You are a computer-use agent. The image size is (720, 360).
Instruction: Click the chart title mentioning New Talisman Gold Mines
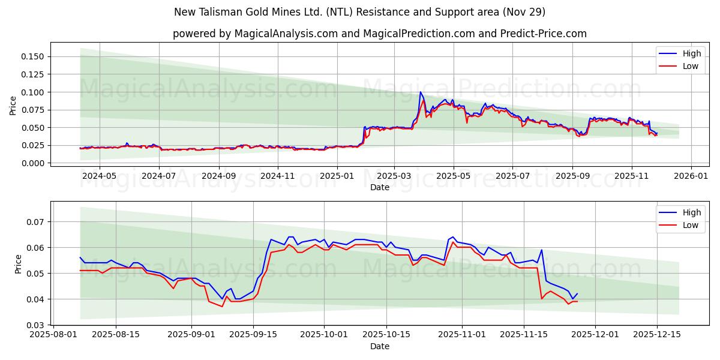tap(359, 12)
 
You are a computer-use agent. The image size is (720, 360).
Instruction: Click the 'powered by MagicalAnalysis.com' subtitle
tap(379, 34)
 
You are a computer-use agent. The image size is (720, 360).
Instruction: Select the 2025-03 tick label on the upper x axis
tap(394, 176)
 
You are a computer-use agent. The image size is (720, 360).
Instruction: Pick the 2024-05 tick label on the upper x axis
tap(99, 176)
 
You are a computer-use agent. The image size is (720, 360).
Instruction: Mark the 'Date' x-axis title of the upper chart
tap(379, 187)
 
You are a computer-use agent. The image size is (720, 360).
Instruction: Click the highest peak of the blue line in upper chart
tap(421, 92)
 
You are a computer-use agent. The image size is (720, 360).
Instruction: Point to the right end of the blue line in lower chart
tap(577, 293)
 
